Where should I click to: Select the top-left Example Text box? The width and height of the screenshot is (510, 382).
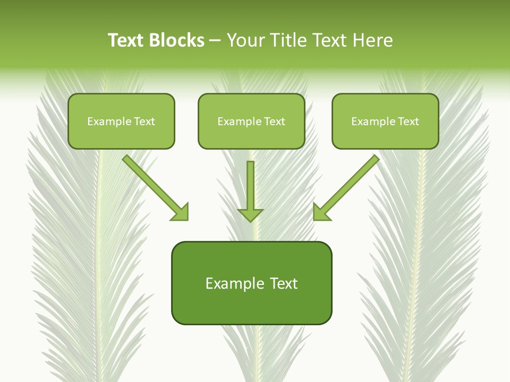coord(121,121)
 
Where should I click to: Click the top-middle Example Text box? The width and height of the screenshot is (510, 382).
coord(251,121)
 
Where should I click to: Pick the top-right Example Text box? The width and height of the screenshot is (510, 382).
coord(385,121)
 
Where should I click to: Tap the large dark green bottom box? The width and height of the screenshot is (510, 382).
coord(251,283)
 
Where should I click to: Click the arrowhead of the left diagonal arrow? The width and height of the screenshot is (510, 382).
coord(181,212)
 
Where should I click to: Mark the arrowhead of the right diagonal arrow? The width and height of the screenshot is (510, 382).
coord(321,212)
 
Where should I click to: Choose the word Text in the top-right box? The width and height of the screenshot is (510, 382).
coord(409,121)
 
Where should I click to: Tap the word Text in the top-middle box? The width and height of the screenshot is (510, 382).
coord(275,121)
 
